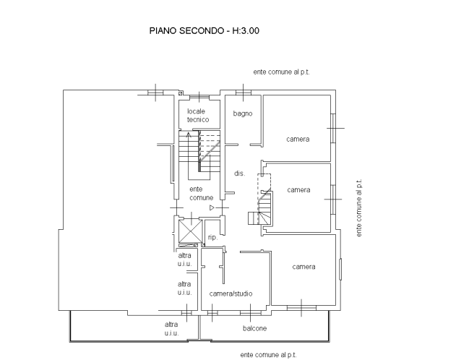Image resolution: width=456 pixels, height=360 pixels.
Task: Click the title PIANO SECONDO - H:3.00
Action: click(205, 30)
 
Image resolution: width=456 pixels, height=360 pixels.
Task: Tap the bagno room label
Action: click(243, 113)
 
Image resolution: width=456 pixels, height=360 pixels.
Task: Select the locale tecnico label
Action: click(198, 116)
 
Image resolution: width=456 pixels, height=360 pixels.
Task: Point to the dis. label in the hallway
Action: click(240, 173)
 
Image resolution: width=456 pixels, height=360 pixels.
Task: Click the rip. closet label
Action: click(212, 237)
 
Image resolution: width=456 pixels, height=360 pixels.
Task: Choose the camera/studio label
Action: click(231, 293)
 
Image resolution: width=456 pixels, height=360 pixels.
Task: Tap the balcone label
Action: click(254, 328)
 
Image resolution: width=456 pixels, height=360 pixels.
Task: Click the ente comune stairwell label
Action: click(201, 194)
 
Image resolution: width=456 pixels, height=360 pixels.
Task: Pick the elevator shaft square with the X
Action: click(190, 231)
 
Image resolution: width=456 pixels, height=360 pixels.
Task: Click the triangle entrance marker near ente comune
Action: click(212, 207)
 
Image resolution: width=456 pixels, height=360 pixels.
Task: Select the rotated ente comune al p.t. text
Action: click(359, 207)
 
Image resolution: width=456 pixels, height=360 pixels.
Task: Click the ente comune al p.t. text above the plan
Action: click(281, 72)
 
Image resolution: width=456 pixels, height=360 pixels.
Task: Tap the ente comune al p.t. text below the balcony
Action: click(268, 355)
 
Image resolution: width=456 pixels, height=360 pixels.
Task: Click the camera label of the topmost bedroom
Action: click(298, 139)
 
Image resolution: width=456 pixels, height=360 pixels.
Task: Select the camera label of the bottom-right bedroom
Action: click(304, 267)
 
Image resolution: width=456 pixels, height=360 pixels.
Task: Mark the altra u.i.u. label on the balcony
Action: click(171, 329)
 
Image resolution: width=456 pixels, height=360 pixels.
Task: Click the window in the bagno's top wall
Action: click(243, 93)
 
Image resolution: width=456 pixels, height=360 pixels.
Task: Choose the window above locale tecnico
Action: click(199, 97)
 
